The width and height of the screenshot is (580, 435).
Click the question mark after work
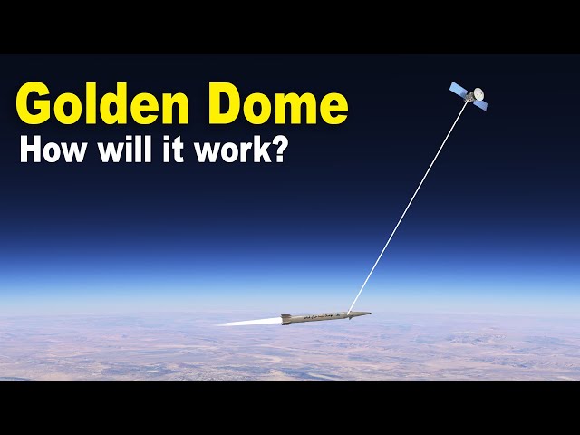278,150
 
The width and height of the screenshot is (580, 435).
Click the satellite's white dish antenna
477,93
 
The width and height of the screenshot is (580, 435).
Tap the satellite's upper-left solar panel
459,89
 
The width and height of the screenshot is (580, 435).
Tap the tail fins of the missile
286,318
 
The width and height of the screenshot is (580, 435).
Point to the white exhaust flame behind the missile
245,322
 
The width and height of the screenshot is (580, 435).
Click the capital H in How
29,150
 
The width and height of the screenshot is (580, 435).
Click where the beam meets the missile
350,313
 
